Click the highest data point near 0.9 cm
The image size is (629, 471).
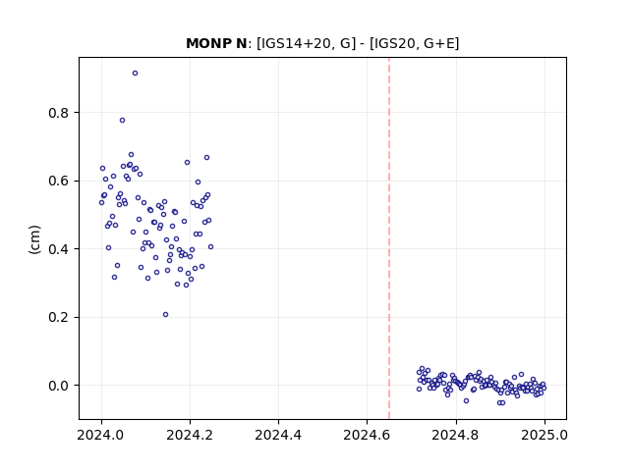coord(136,74)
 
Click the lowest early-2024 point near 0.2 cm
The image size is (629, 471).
coord(166,315)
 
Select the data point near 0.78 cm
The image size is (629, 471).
coord(122,120)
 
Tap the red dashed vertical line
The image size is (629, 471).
coord(389,238)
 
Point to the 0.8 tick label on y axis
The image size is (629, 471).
coord(59,113)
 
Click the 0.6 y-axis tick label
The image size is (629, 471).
coord(59,181)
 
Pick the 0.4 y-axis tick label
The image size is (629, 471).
coord(59,249)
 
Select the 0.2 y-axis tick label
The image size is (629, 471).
coord(59,317)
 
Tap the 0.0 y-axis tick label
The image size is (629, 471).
coord(59,386)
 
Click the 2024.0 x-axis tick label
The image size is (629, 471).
coord(101,435)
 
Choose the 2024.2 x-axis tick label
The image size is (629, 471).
coord(190,435)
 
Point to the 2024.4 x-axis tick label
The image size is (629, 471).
coord(278,435)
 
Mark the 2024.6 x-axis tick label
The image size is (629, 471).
coord(367,435)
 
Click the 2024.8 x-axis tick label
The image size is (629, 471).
coord(456,435)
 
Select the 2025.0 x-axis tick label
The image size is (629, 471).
coord(544,435)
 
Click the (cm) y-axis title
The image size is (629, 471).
coord(35,239)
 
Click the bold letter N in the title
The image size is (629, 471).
coord(242,43)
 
